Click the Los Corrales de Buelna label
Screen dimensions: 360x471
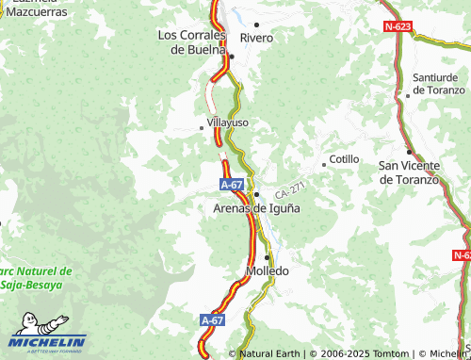[192, 41]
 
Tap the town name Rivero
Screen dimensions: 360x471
[256, 38]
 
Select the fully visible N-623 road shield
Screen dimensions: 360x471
[398, 27]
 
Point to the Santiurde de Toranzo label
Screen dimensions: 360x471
[439, 83]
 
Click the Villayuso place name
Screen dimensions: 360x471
[228, 123]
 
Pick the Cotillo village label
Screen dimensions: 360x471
[344, 159]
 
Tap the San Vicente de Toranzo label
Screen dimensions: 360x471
[409, 172]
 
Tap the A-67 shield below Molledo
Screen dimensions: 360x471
[213, 321]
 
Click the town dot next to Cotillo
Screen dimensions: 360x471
[324, 164]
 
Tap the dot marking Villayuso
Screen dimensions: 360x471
[202, 127]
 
